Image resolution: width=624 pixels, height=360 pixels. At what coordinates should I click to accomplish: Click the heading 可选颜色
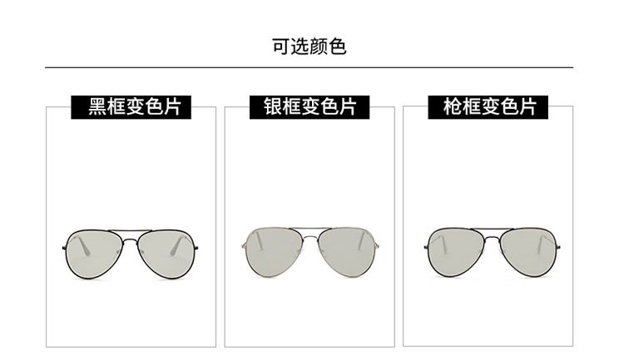click(309, 46)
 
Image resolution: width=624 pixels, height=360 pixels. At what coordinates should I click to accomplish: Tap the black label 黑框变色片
click(134, 107)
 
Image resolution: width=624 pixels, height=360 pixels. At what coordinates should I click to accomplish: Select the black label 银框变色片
click(310, 107)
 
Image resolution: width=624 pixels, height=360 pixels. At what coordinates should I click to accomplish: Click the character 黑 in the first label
click(98, 107)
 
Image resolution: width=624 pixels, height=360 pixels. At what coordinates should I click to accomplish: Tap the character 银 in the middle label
click(274, 107)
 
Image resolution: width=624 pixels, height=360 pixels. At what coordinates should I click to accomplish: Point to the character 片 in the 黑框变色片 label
click(171, 107)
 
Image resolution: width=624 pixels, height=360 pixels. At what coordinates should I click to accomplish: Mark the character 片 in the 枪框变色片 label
click(526, 107)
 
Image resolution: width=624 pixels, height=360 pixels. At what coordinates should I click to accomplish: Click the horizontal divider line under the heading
click(309, 67)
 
